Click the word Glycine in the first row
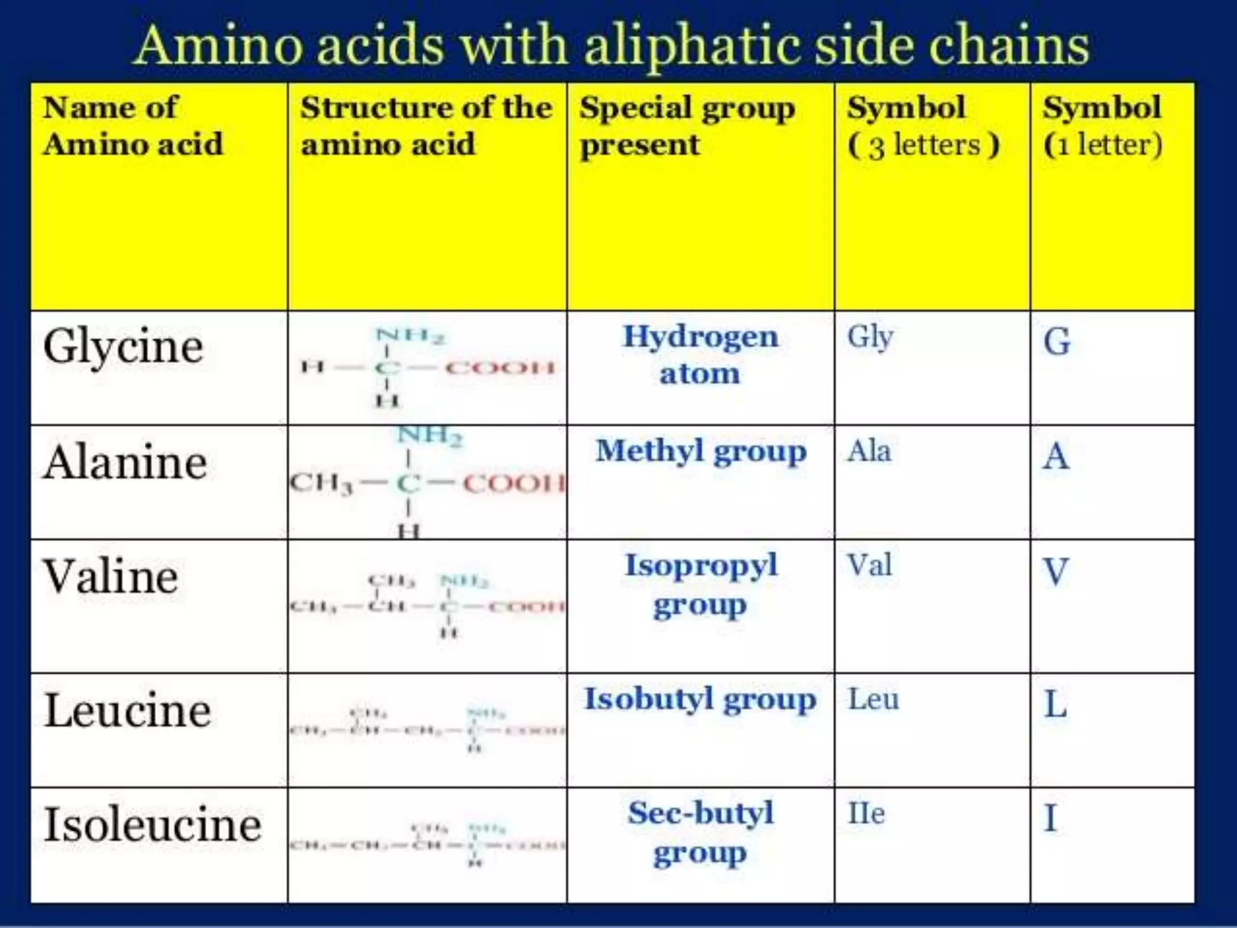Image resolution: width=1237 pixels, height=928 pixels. pos(123,347)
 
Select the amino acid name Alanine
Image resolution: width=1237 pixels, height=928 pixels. pos(126,463)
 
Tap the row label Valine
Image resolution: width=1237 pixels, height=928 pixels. pos(111,577)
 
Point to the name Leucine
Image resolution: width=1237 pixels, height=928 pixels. pos(127,710)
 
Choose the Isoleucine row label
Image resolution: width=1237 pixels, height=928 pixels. pos(153,825)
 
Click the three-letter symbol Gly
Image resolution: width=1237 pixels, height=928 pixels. pos(870,337)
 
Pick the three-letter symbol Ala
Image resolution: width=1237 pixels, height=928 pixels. pos(869,451)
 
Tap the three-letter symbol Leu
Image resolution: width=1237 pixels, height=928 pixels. pos(873,700)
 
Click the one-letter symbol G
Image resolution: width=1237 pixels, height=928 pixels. pos(1057,342)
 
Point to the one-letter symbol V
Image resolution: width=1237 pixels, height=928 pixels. pos(1056,572)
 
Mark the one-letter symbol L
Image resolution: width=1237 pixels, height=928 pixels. pos(1056,704)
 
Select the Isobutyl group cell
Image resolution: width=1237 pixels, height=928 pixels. pos(700,700)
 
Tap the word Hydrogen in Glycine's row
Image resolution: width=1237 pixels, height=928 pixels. pos(701,337)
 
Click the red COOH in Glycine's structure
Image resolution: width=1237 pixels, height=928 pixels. pos(500,367)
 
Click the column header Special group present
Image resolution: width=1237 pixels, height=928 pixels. pos(687,126)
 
